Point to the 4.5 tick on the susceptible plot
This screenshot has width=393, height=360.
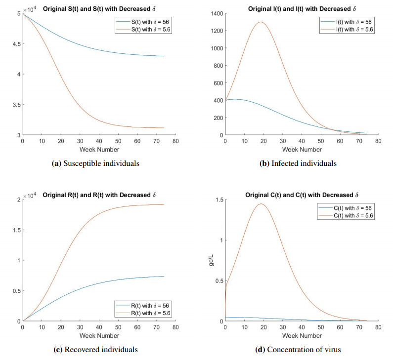(x=15, y=44)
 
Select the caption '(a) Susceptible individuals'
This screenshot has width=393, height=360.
(x=95, y=163)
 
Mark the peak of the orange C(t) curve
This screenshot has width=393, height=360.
(x=261, y=203)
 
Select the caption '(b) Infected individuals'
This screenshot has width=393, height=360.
(x=299, y=163)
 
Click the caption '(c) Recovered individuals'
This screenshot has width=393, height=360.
(x=95, y=350)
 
